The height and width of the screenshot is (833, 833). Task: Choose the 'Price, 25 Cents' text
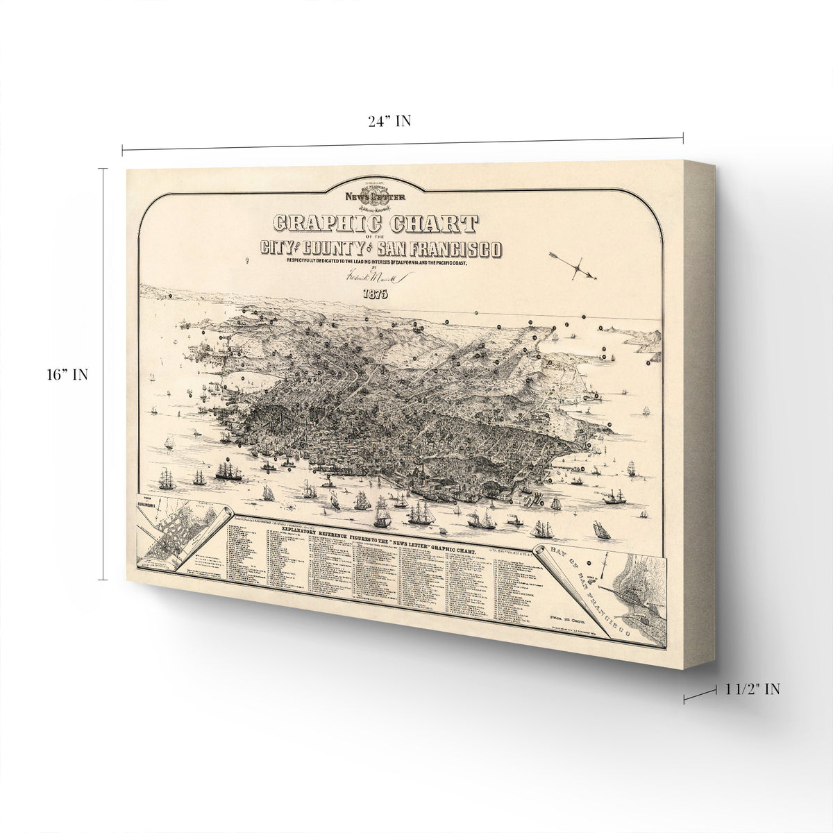(559, 616)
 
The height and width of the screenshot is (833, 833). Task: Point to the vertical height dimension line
(105, 374)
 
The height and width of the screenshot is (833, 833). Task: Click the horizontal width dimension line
(403, 142)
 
